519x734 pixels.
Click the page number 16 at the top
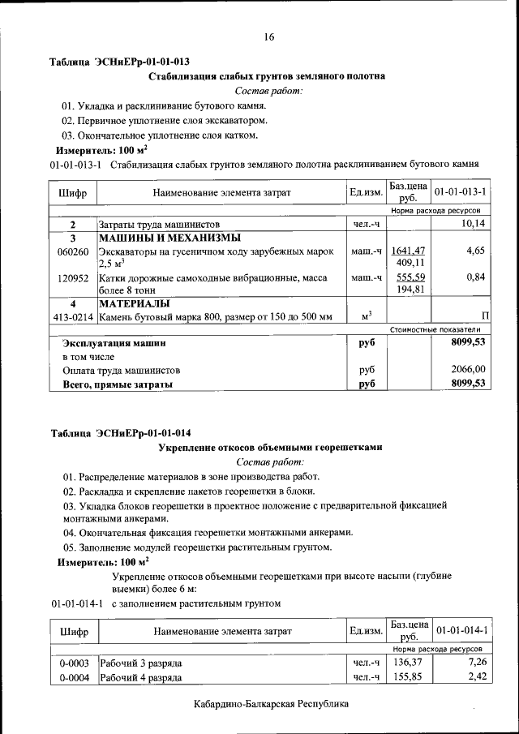(268, 36)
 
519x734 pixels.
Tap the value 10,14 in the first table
(472, 224)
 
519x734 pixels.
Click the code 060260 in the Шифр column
(73, 251)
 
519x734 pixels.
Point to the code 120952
(73, 277)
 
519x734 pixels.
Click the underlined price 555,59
(410, 277)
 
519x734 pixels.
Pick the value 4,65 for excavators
(475, 251)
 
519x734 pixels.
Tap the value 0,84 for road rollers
(475, 277)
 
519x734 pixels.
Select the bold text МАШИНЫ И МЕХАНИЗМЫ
(169, 238)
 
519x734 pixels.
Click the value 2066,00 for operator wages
(468, 370)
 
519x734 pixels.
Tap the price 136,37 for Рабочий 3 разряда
(408, 663)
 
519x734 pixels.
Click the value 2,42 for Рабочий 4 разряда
(476, 676)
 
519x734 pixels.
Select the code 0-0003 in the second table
(73, 663)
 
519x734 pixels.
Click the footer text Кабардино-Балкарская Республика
(272, 704)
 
